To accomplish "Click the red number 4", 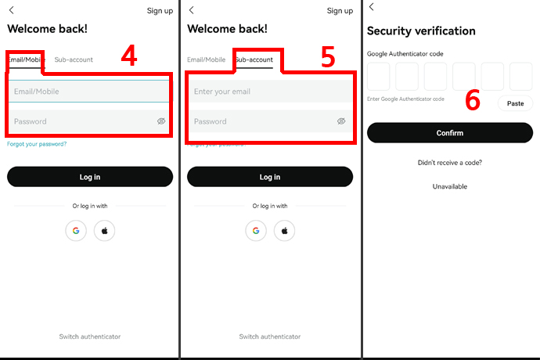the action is coord(129,56).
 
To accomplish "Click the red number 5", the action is coord(327,57).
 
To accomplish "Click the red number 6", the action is coord(473,100).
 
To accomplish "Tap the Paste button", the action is coord(515,103).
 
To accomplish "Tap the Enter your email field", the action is coord(270,92).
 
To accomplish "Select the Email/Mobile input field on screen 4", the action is coord(89,92).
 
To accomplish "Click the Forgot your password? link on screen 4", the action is coord(37,144).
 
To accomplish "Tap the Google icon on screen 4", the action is coord(76,230).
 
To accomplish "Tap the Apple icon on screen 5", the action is coord(284,230).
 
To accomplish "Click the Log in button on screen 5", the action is coord(270,177).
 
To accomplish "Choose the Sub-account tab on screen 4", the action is coord(74,59).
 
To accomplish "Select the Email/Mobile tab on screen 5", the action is coord(206,59).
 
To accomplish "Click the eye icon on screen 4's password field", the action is coord(161,121).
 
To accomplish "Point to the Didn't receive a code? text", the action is coord(450,163).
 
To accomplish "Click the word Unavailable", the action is coord(450,186).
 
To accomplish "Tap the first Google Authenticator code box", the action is coord(379,76).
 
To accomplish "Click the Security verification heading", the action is coord(421,31).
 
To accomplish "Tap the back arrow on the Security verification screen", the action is coord(371,6).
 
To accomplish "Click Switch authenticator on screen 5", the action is coord(270,337).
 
